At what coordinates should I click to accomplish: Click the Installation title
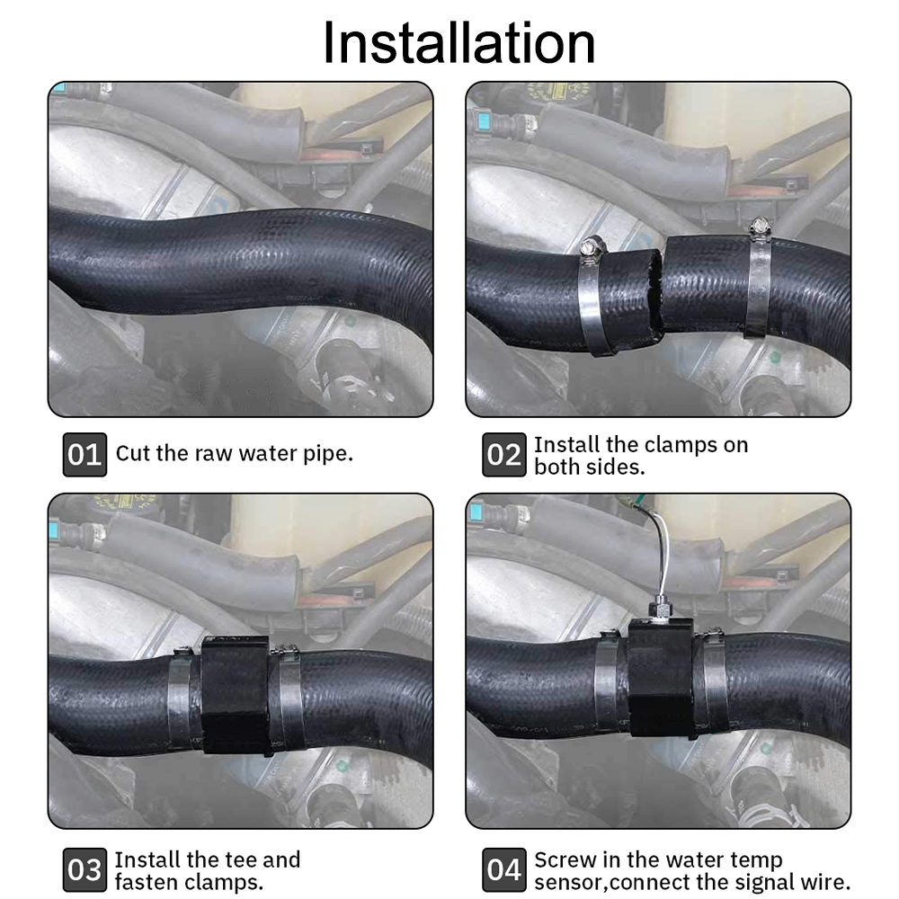click(x=458, y=43)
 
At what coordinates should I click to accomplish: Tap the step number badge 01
click(x=85, y=455)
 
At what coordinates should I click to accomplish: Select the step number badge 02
click(x=503, y=455)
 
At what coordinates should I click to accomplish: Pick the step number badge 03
click(x=85, y=869)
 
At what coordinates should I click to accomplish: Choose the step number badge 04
click(x=503, y=869)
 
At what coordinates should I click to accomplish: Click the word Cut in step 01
click(x=133, y=452)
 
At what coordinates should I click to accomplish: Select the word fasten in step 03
click(x=147, y=882)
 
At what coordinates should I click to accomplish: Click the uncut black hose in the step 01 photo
click(x=234, y=261)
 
